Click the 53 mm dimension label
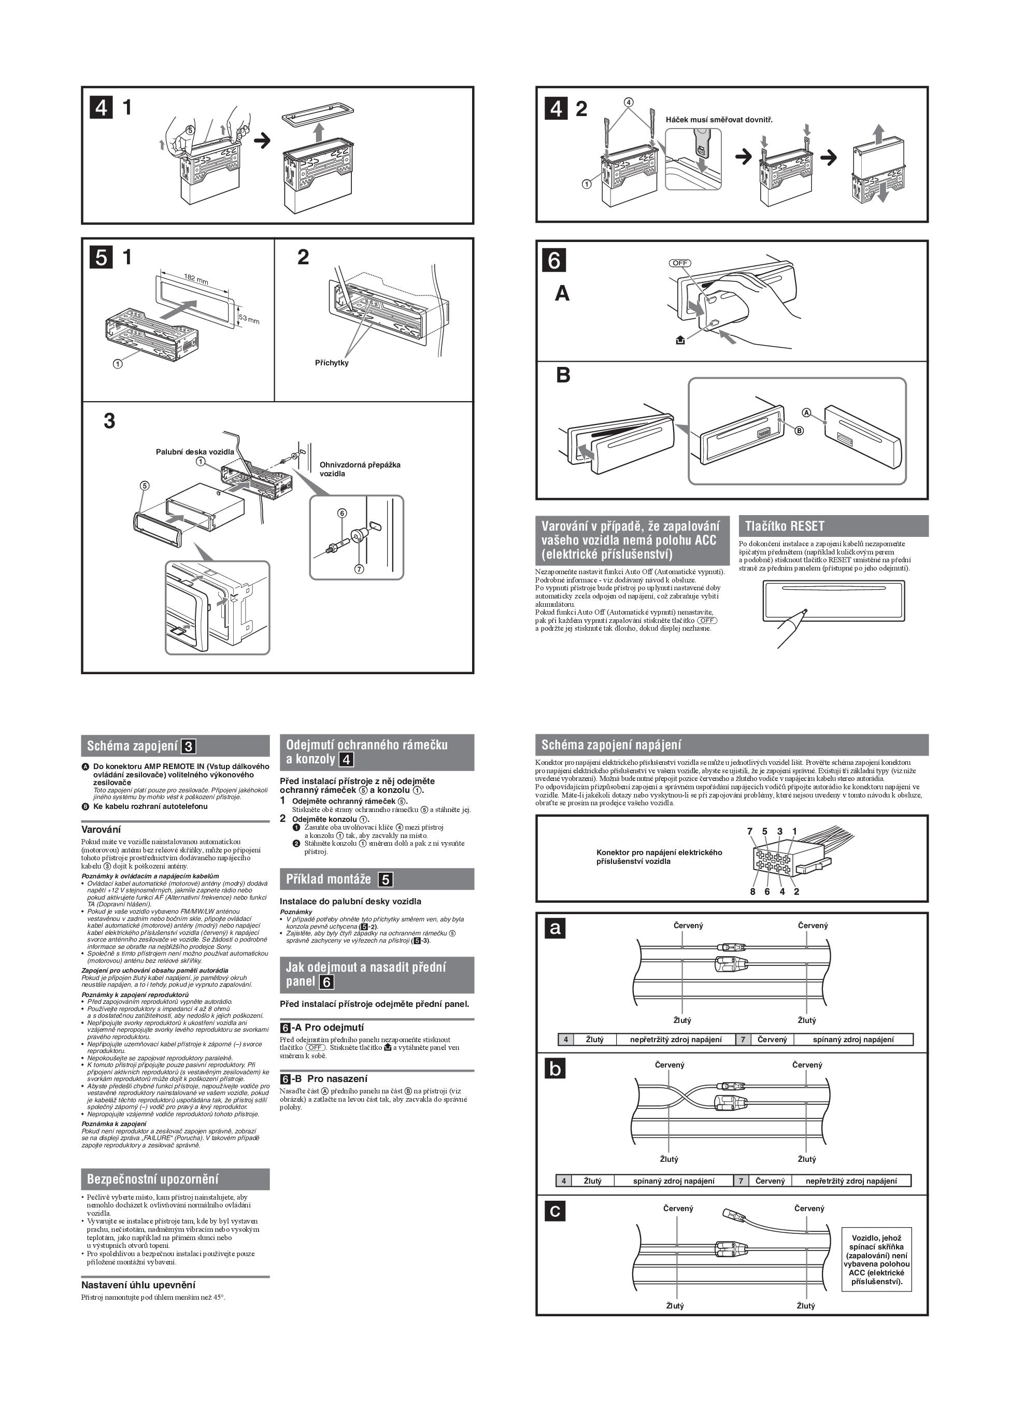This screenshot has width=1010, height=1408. (x=249, y=319)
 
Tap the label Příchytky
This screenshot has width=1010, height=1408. (x=332, y=363)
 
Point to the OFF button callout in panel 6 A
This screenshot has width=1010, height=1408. (x=680, y=263)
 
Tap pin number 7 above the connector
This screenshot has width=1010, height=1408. (x=749, y=831)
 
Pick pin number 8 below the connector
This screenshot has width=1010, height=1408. (x=752, y=891)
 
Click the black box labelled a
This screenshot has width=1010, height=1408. (x=554, y=928)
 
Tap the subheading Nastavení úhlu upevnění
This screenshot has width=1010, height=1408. (x=138, y=1285)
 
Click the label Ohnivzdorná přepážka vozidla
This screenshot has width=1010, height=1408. (x=360, y=468)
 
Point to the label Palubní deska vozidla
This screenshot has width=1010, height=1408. (x=195, y=451)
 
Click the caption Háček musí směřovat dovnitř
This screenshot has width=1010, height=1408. (x=719, y=119)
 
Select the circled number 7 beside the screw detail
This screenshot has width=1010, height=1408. (x=359, y=568)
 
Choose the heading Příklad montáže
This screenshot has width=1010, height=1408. (x=329, y=879)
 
